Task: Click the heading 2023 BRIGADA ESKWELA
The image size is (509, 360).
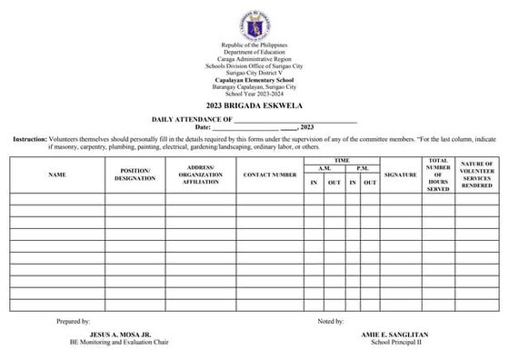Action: point(254,106)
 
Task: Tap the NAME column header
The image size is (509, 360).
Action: point(57,174)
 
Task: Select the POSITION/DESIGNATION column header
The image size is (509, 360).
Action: point(135,174)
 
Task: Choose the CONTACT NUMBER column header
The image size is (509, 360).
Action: point(269,174)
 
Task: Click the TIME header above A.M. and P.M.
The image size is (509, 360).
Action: point(341,160)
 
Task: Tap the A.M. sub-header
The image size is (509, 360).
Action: point(323,169)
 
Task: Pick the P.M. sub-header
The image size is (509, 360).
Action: point(361,169)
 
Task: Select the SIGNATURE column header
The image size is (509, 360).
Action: point(400,174)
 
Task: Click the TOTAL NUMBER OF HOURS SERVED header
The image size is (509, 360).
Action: point(438,174)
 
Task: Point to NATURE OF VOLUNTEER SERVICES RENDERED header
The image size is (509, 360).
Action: point(476,174)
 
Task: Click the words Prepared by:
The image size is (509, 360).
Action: point(73,322)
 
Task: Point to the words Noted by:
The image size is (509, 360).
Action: point(330,322)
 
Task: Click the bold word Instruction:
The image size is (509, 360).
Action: point(30,139)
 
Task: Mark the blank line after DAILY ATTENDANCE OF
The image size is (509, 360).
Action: point(295,119)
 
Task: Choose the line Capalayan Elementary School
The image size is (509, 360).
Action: point(254,79)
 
